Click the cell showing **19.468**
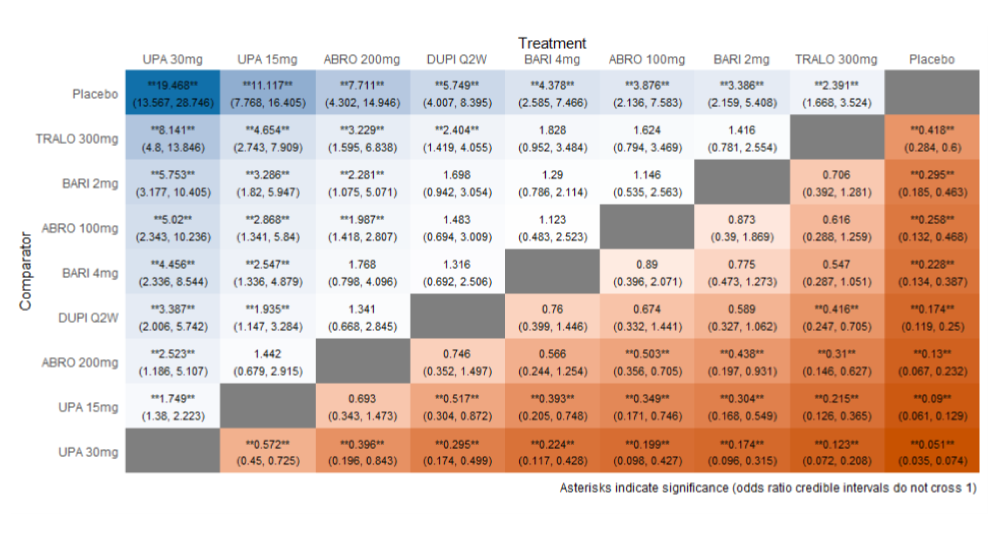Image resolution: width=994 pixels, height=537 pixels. [x=173, y=93]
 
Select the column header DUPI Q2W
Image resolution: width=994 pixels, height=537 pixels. [x=456, y=60]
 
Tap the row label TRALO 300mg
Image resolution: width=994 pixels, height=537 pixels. [x=77, y=139]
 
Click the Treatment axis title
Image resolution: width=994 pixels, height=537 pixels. [x=552, y=44]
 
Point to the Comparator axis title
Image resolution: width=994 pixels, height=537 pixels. [x=25, y=271]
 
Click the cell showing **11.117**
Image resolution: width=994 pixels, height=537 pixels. [x=267, y=93]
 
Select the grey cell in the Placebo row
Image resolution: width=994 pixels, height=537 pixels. [x=932, y=93]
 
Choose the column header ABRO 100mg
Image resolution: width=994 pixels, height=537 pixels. [x=647, y=60]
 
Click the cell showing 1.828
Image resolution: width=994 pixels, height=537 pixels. [x=552, y=138]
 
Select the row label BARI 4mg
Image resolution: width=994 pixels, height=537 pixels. [x=90, y=273]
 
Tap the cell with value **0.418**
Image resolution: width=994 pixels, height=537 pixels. [x=932, y=138]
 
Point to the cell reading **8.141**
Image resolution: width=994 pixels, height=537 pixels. [x=173, y=138]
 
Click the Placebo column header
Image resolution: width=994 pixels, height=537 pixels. [x=932, y=60]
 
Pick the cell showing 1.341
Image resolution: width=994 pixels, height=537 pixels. [x=362, y=317]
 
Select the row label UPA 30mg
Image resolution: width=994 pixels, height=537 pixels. [x=88, y=452]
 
